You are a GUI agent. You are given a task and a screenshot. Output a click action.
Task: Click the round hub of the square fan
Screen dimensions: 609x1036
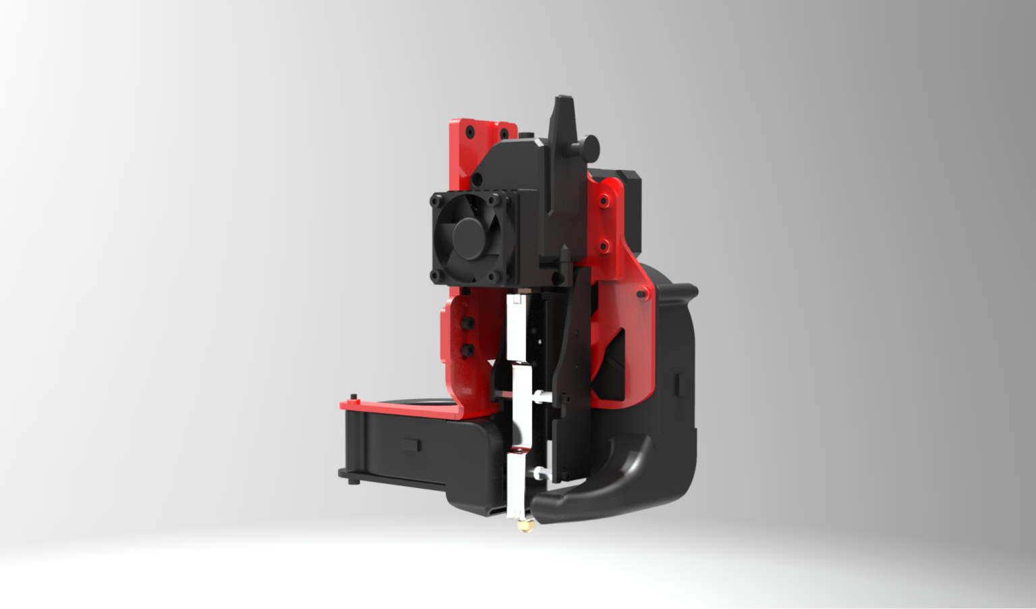click(x=468, y=236)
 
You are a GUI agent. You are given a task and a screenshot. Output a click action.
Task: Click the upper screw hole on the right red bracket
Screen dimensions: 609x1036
click(x=605, y=200)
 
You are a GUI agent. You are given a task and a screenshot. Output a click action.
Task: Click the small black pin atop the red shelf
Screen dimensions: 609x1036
click(x=353, y=396)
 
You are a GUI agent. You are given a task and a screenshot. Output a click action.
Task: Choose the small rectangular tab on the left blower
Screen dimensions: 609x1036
click(x=410, y=446)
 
